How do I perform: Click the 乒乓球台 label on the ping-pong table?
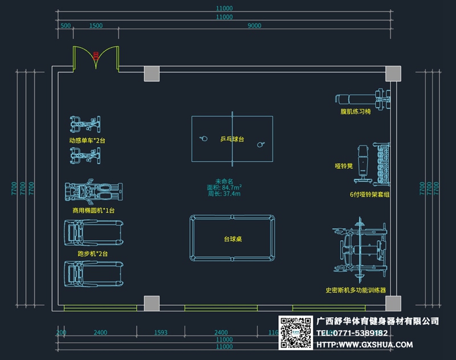[232, 139]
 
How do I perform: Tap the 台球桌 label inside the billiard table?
[231, 240]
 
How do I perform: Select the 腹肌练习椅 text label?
[356, 112]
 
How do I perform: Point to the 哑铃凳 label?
[344, 167]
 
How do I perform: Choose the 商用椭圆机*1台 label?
[93, 211]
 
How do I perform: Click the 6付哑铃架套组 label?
[369, 195]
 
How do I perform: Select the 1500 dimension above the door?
[96, 26]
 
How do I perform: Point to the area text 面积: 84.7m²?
[224, 187]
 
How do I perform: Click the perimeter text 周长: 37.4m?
[224, 194]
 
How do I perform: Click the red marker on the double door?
[96, 55]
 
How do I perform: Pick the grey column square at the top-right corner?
[393, 74]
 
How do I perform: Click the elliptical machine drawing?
[93, 193]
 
